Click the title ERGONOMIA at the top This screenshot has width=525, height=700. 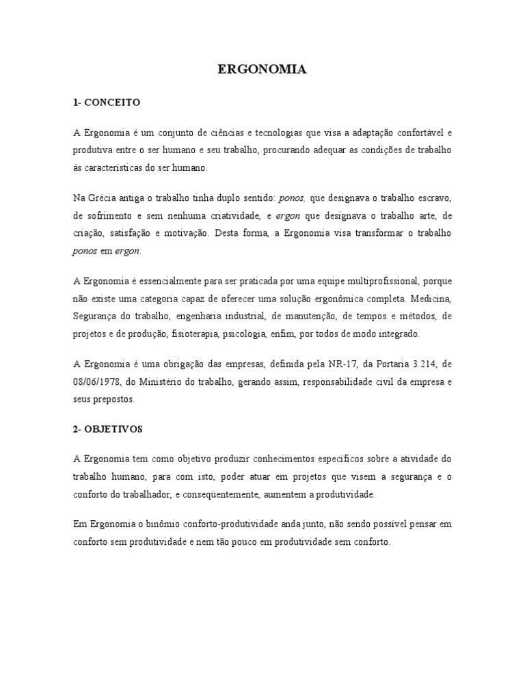[x=262, y=69]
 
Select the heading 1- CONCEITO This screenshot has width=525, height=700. [x=106, y=103]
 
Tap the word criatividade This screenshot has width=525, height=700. [x=219, y=215]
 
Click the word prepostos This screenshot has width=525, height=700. [x=116, y=399]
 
